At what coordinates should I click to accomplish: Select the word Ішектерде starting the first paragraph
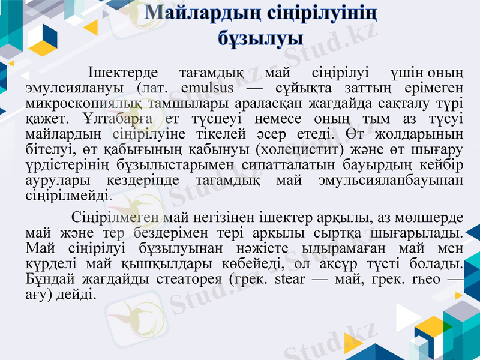(x=122, y=74)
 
